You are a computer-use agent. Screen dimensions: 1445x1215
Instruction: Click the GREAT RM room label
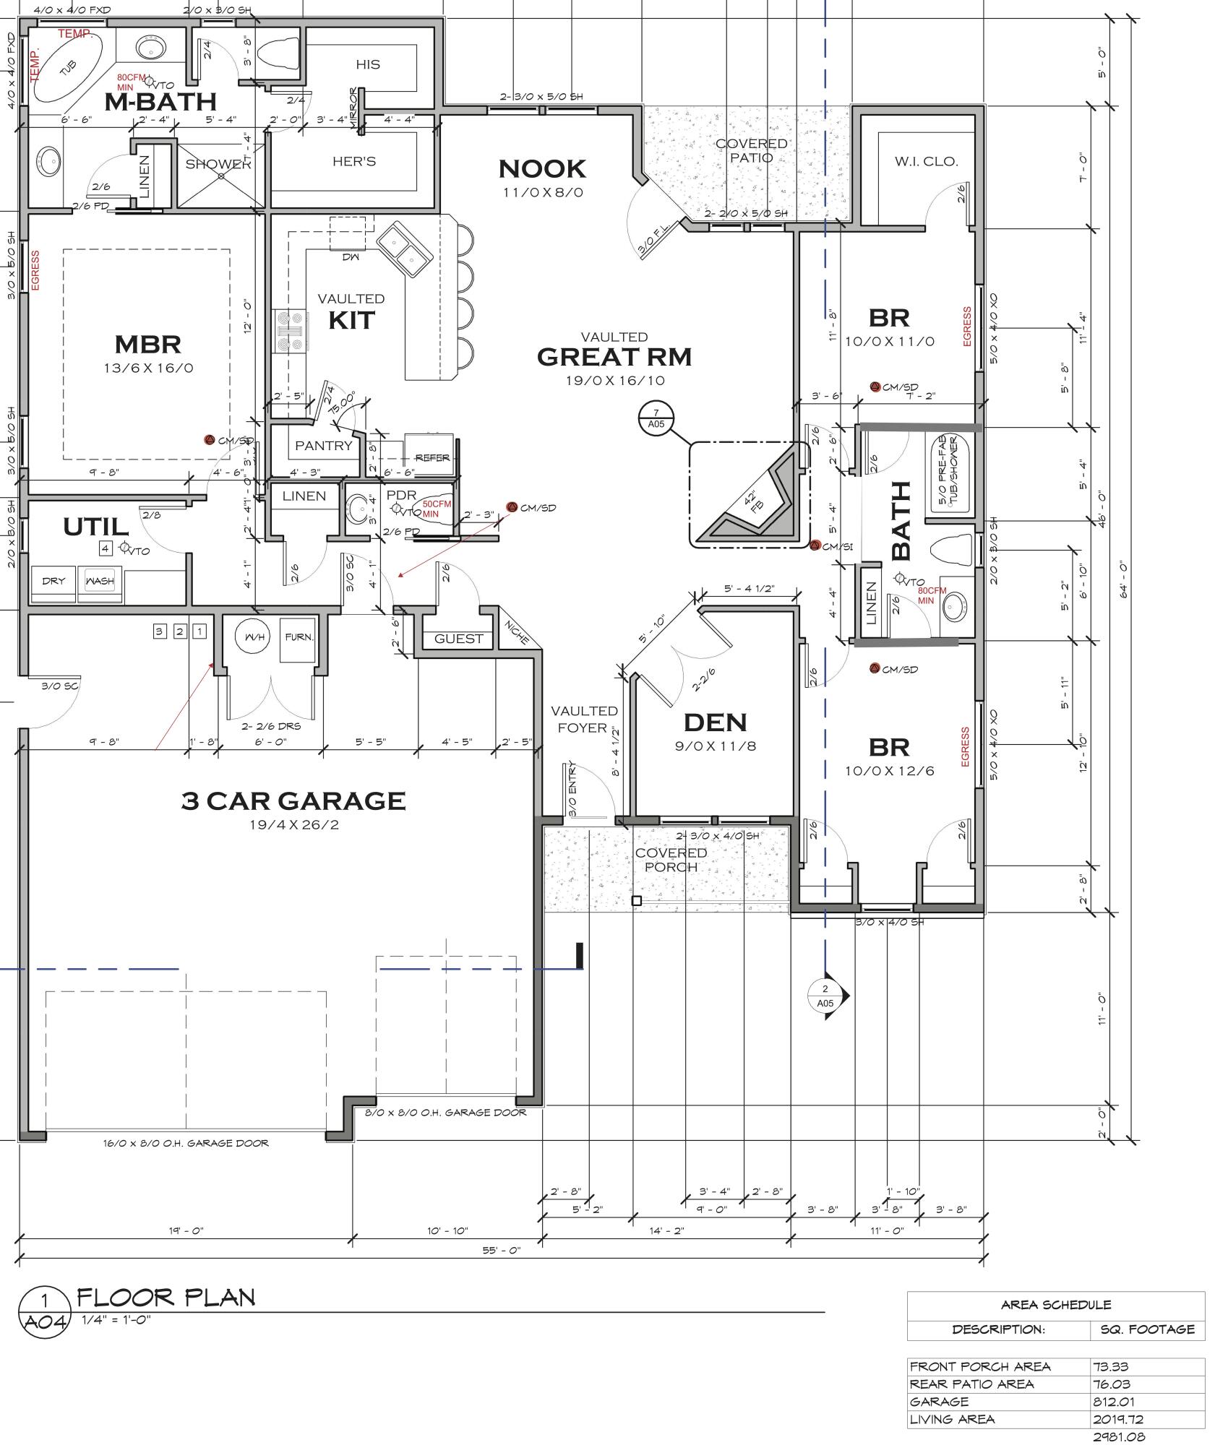[x=614, y=357]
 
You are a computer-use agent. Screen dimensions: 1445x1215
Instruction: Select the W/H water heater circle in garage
[x=254, y=637]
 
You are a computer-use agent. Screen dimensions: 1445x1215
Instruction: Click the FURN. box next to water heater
[x=298, y=638]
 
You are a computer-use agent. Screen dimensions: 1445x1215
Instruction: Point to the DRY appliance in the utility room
[x=53, y=581]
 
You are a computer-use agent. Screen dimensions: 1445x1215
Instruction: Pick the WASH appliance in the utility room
[x=99, y=581]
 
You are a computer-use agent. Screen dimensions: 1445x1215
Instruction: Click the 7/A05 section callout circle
[x=656, y=418]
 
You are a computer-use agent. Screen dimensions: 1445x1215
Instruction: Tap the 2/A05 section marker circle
[x=825, y=996]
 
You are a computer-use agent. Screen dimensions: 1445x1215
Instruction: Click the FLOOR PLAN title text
[x=166, y=1297]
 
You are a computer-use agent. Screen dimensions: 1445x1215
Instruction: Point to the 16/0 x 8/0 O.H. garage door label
[x=186, y=1143]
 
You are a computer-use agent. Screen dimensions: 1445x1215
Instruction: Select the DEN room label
[x=715, y=722]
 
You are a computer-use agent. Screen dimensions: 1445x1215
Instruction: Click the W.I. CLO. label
[x=926, y=161]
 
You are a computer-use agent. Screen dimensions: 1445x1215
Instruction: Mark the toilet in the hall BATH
[x=950, y=552]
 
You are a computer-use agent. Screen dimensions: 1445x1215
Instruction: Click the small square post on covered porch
[x=637, y=901]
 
